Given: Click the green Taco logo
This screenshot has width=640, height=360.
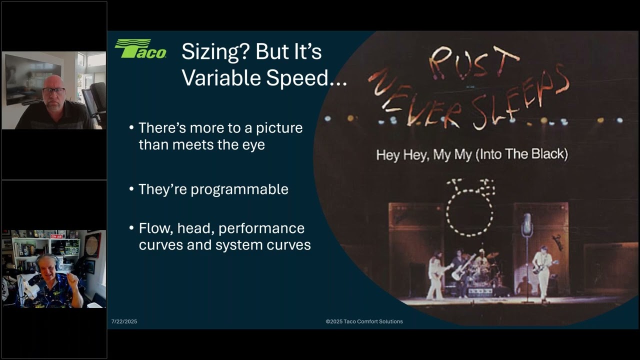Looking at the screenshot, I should pyautogui.click(x=140, y=49).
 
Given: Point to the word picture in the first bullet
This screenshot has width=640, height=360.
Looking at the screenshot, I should pyautogui.click(x=279, y=128).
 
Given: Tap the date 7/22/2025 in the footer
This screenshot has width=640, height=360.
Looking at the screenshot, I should pyautogui.click(x=124, y=321).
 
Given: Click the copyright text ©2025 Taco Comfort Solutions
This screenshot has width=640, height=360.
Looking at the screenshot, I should pyautogui.click(x=364, y=321).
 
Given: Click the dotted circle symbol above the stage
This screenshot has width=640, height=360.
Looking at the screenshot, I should pyautogui.click(x=469, y=210).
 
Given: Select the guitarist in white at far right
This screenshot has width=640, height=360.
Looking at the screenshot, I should pyautogui.click(x=542, y=272).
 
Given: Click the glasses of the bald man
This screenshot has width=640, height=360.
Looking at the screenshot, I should pyautogui.click(x=53, y=91).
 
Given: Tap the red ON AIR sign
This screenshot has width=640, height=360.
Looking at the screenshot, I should pyautogui.click(x=56, y=236).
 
